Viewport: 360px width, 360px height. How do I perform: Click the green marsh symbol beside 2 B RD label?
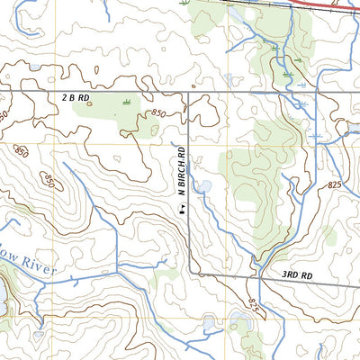[x=126, y=100]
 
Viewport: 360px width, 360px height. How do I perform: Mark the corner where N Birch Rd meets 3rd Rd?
[x=189, y=272]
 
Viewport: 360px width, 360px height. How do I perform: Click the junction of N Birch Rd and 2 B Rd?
[x=188, y=92]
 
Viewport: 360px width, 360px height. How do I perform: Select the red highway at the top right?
[x=324, y=4]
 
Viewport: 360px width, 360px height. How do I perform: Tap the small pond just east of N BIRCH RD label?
[x=205, y=186]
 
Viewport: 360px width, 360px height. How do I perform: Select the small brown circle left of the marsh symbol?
[x=91, y=103]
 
